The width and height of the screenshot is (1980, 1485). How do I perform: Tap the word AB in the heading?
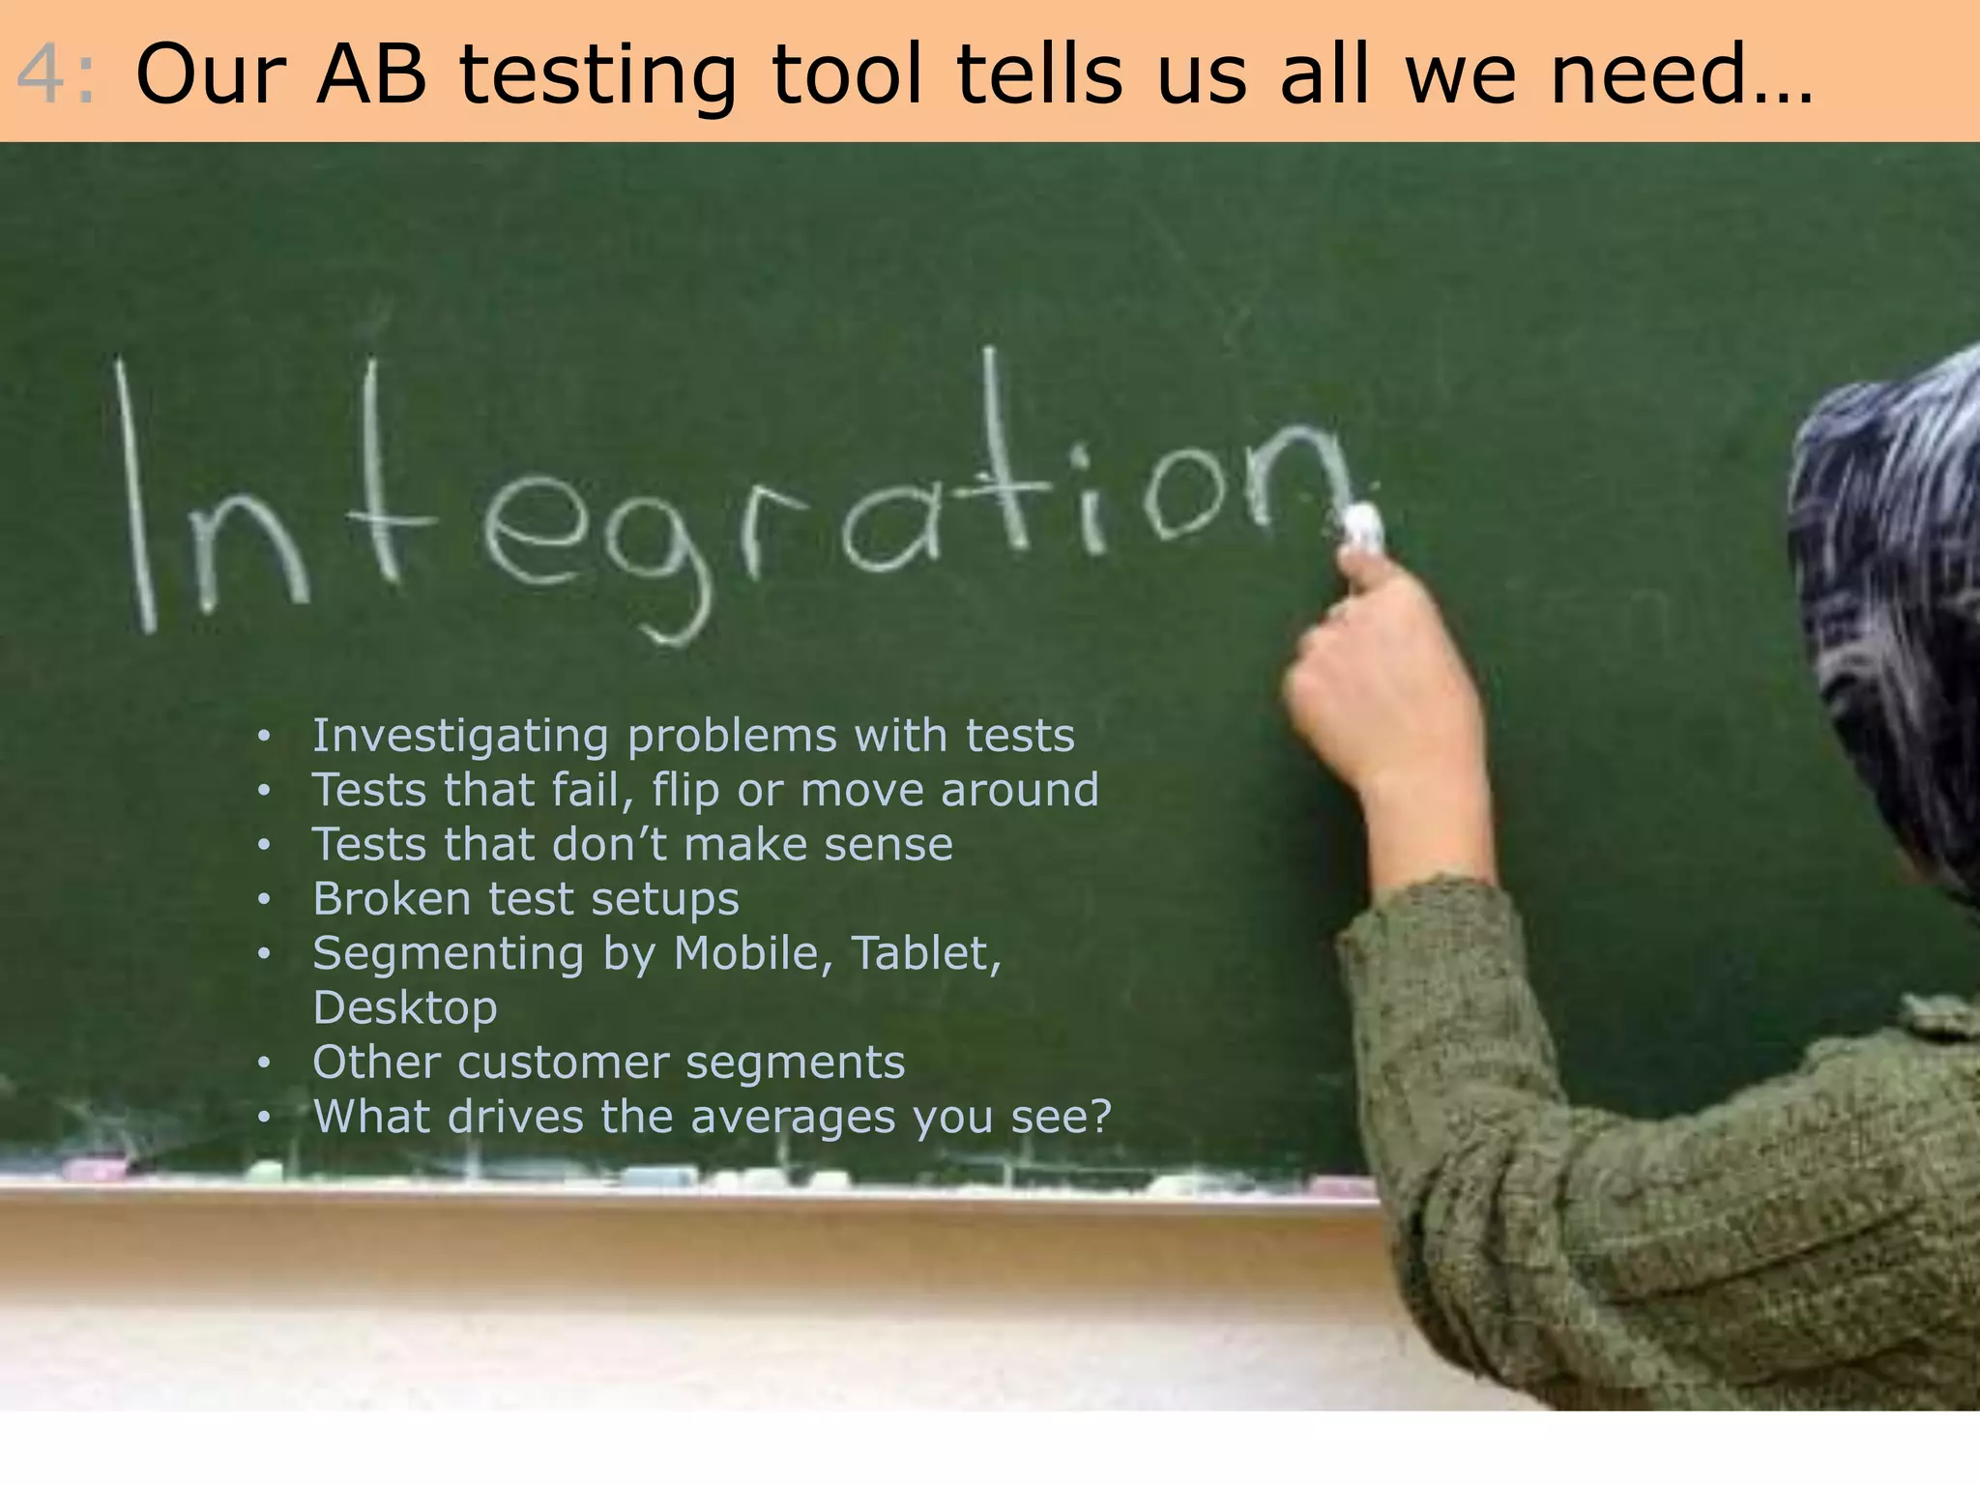(371, 75)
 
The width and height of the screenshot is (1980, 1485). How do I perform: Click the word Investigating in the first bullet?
(460, 737)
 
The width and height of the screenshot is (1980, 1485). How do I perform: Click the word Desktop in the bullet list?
(405, 1007)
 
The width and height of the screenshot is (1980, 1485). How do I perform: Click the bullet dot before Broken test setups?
(264, 900)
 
